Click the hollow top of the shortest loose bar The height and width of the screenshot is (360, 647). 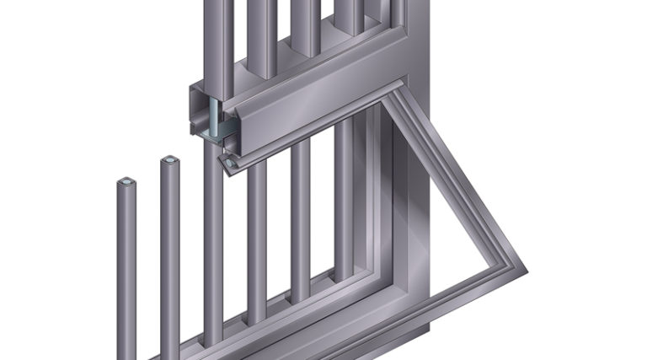point(126,181)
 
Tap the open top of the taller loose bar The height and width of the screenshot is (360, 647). point(169,159)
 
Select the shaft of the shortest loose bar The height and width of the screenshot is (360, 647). point(126,270)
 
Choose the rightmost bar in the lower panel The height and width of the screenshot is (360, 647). point(345,202)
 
